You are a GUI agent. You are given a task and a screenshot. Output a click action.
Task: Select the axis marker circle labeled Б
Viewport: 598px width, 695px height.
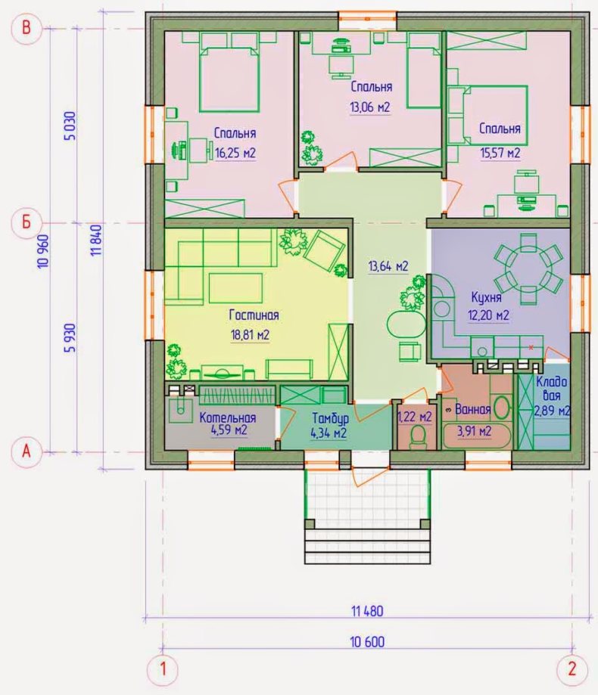pyautogui.click(x=26, y=221)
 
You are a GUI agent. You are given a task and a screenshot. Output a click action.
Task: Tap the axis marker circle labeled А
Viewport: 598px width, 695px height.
pyautogui.click(x=26, y=451)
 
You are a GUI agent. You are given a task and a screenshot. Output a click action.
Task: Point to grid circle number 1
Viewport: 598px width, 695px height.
pyautogui.click(x=163, y=669)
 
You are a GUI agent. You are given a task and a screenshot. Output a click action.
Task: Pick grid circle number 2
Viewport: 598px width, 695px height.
pyautogui.click(x=572, y=669)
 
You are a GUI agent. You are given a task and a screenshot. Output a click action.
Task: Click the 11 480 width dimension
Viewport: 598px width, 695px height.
pyautogui.click(x=367, y=611)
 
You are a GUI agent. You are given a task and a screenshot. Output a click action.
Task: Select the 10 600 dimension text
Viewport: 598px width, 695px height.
pyautogui.click(x=367, y=642)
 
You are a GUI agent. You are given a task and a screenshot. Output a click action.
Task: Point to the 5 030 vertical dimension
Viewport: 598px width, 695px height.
pyautogui.click(x=70, y=126)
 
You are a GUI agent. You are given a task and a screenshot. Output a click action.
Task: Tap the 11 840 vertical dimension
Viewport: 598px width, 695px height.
pyautogui.click(x=96, y=240)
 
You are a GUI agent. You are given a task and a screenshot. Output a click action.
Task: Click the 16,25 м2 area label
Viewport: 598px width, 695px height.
pyautogui.click(x=235, y=154)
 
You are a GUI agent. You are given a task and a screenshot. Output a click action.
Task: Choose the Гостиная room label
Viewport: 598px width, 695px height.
pyautogui.click(x=254, y=315)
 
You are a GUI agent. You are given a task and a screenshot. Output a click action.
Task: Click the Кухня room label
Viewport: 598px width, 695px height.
pyautogui.click(x=486, y=296)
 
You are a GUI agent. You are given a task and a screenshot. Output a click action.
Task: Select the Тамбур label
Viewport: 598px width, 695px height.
pyautogui.click(x=330, y=418)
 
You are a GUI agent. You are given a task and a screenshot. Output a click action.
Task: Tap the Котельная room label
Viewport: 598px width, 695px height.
pyautogui.click(x=228, y=417)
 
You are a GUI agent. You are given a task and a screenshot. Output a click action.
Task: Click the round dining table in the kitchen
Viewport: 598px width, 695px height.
pyautogui.click(x=528, y=269)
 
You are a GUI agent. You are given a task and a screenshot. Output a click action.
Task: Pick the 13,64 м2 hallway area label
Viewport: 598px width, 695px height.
pyautogui.click(x=388, y=266)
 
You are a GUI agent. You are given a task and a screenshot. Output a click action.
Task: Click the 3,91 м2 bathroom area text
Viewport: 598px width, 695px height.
pyautogui.click(x=474, y=431)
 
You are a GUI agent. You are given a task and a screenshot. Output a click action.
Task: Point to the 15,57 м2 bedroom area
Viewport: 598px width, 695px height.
pyautogui.click(x=500, y=154)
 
